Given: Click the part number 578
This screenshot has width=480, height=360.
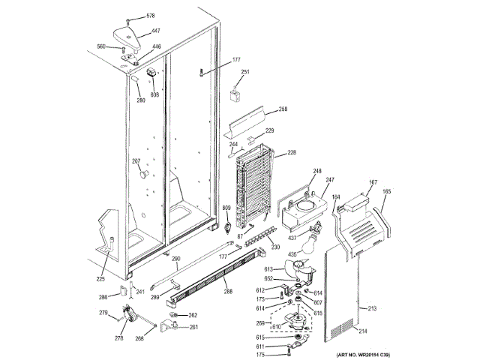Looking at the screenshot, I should click(150, 16).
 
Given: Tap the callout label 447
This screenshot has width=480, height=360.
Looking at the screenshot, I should click(155, 31).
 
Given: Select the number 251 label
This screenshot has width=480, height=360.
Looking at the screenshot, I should click(245, 73).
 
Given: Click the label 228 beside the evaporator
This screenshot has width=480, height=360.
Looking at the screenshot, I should click(291, 153).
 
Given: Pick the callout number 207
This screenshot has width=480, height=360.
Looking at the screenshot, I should click(136, 161).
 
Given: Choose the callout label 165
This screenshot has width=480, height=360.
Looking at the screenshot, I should click(387, 191).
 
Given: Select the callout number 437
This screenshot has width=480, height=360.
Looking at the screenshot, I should click(292, 237).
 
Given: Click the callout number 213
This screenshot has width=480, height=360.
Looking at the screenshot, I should click(369, 308).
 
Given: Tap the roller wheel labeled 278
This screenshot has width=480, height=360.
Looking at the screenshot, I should click(133, 319).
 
